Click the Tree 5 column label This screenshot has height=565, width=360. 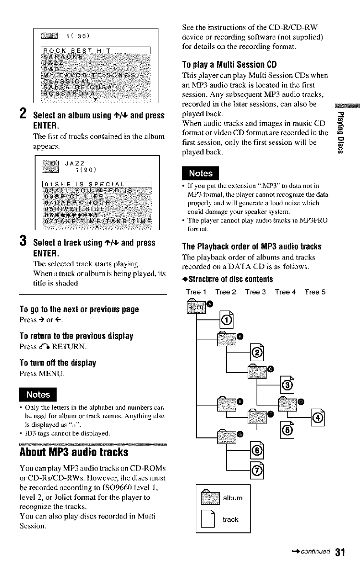click(x=314, y=292)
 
